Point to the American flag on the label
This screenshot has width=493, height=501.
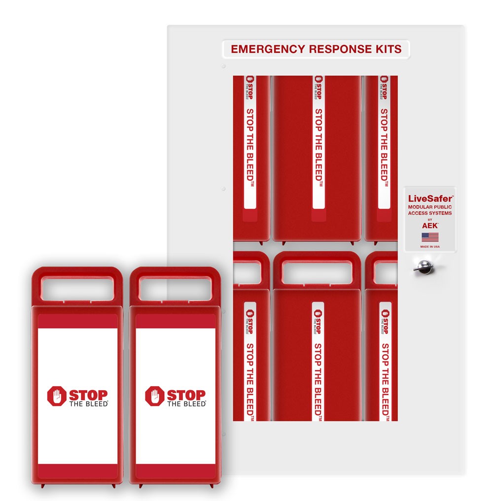point(430,237)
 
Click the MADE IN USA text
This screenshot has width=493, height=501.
point(430,246)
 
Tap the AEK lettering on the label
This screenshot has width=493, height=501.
point(430,225)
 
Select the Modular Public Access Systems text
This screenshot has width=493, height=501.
point(430,210)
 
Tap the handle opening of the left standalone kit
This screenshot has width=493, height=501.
point(77,289)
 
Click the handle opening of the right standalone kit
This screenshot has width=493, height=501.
point(175,289)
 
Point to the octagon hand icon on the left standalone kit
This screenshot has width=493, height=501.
point(57,396)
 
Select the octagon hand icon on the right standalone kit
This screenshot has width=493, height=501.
point(154,396)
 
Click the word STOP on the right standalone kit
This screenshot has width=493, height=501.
point(186,395)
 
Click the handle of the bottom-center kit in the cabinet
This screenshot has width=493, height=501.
point(317,272)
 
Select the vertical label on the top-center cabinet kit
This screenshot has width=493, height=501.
point(318,143)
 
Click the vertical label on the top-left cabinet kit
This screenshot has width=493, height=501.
point(250,143)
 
